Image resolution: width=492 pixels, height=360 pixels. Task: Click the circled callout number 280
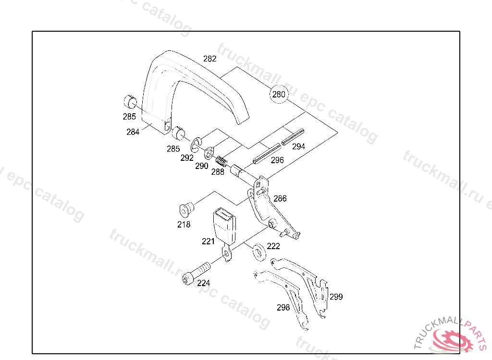279,95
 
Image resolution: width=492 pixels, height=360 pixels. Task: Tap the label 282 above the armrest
210,59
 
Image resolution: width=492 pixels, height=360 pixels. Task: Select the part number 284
133,132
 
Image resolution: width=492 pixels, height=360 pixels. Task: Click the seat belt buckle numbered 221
224,224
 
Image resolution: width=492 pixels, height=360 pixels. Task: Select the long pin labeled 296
267,152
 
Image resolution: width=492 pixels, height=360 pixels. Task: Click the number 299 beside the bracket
336,297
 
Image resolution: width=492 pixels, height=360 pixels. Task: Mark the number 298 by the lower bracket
283,307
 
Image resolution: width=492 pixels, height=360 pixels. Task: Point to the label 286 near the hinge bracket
280,198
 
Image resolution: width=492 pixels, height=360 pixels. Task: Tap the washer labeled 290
209,154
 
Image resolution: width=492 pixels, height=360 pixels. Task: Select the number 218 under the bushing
184,224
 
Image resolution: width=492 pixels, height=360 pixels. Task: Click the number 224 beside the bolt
203,283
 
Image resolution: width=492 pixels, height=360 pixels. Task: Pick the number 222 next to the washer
273,246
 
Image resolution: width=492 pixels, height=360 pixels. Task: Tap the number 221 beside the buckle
208,241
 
